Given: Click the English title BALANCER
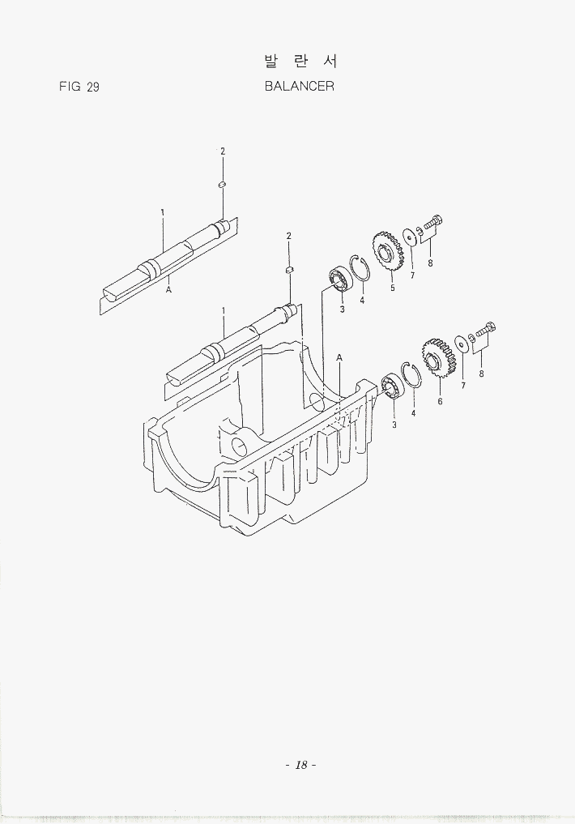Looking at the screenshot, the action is point(300,86).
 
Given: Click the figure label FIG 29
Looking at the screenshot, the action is point(79,87).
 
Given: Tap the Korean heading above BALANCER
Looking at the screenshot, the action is point(300,62).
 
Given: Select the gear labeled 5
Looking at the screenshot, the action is point(388,251).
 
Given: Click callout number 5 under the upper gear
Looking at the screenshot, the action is point(392,288).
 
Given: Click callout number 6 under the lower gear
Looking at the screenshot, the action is point(440,402).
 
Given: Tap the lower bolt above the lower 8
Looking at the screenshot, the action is point(484,331).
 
